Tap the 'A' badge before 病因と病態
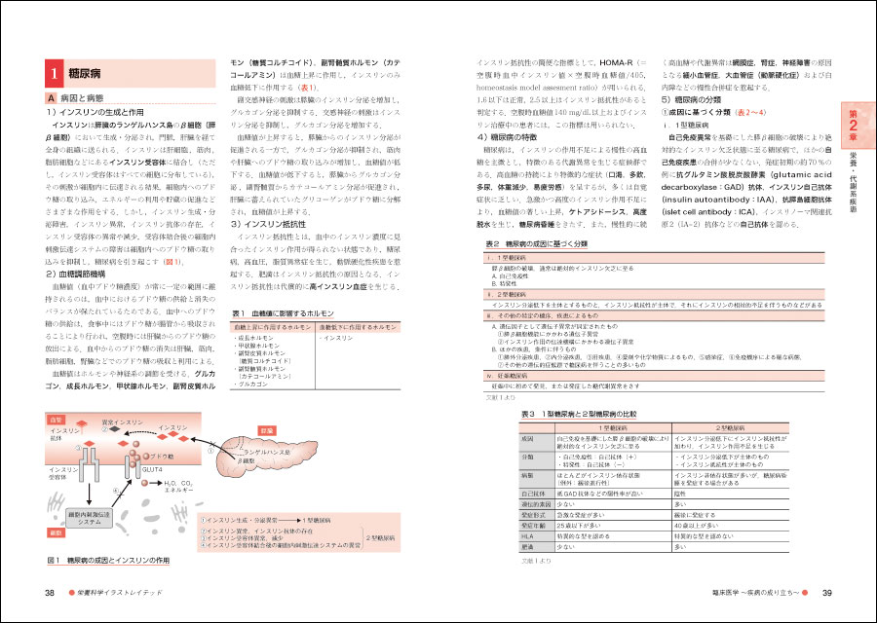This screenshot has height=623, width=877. (x=52, y=99)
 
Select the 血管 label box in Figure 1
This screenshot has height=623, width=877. (x=56, y=420)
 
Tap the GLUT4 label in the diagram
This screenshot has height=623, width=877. (x=152, y=470)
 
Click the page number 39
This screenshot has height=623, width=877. (x=826, y=593)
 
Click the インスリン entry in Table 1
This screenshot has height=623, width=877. (x=338, y=338)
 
